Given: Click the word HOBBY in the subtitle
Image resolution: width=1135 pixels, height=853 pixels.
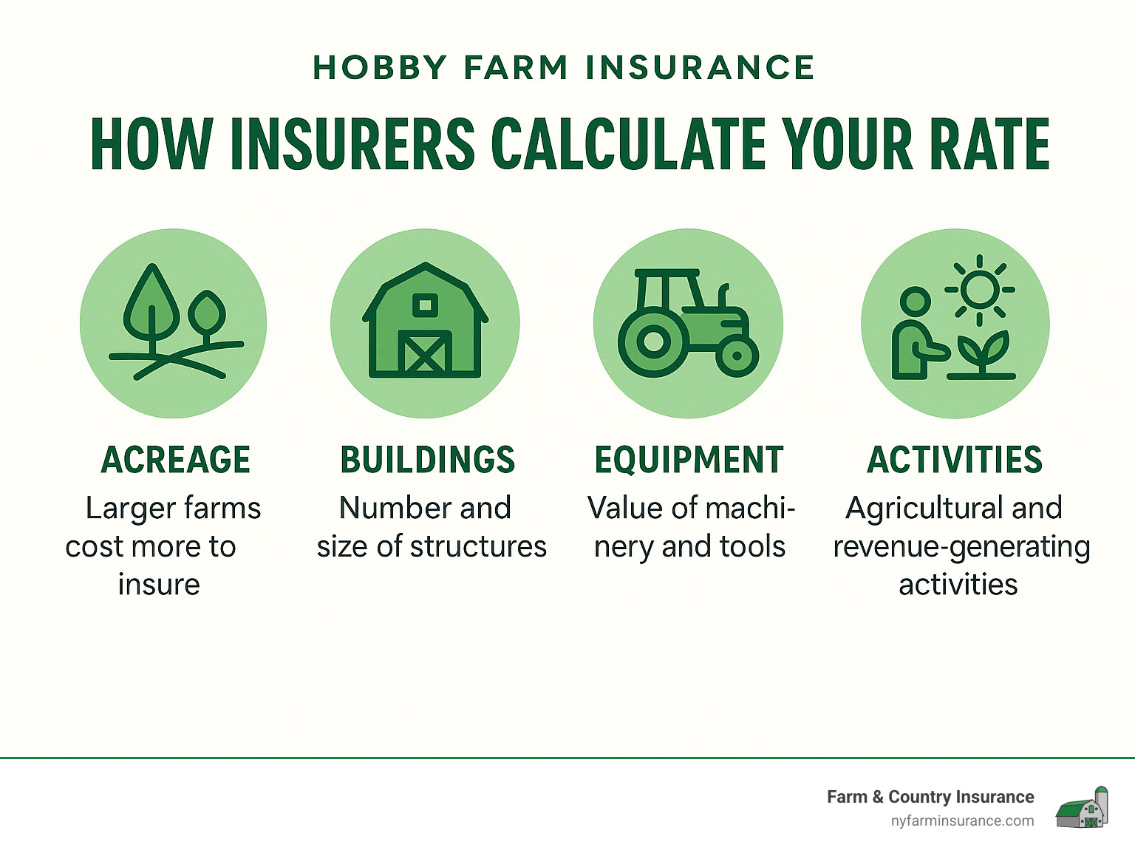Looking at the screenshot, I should [x=380, y=68].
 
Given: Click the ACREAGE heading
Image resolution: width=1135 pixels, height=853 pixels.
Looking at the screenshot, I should [x=176, y=460].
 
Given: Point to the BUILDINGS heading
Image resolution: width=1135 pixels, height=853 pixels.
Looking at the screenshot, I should [x=427, y=460].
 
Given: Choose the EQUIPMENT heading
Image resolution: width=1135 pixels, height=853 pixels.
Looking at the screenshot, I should [x=689, y=460].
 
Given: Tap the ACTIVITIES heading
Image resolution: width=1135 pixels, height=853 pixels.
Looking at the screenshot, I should [x=954, y=460].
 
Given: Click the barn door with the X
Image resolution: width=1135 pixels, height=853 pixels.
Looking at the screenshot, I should [x=425, y=353].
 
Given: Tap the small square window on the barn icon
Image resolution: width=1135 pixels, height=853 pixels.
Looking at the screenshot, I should [x=425, y=304].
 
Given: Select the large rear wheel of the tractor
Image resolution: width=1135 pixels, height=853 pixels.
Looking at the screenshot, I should [x=652, y=342].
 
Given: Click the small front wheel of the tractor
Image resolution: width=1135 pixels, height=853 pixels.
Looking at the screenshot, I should [x=736, y=357].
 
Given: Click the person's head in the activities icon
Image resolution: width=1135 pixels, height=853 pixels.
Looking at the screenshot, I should [x=916, y=302].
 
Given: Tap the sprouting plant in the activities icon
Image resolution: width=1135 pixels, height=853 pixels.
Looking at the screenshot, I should [x=981, y=353].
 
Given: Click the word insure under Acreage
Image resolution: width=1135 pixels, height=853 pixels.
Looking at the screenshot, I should [x=159, y=585].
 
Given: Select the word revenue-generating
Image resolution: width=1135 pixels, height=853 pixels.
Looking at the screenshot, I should [x=961, y=547].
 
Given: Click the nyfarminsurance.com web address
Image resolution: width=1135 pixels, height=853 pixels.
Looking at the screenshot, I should [x=962, y=820].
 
